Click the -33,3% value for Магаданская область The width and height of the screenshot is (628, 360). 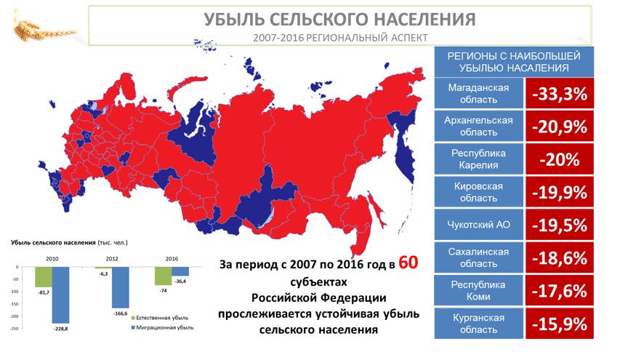tap(560, 94)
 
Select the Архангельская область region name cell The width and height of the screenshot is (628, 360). tap(478, 126)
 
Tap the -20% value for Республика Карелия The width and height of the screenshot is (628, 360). tap(560, 159)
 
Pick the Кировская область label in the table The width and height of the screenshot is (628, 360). tap(478, 192)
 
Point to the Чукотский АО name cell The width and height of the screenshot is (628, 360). tap(478, 225)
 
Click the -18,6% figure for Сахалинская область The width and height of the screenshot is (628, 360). tap(560, 258)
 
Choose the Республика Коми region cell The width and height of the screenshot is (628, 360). tap(478, 291)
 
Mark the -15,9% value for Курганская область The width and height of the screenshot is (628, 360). tap(560, 324)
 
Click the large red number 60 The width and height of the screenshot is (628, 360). tap(408, 263)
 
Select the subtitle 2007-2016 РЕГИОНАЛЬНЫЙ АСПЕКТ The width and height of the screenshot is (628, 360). tap(340, 38)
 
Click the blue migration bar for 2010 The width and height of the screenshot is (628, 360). tap(61, 295)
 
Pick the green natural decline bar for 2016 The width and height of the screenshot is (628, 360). tap(164, 276)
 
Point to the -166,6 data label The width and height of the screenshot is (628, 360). tap(121, 313)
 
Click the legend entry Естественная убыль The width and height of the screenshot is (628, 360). tap(159, 318)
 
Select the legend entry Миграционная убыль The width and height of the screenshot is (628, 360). tap(162, 327)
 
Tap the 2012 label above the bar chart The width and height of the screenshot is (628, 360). tap(112, 259)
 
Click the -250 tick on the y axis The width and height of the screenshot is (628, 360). tap(15, 329)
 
